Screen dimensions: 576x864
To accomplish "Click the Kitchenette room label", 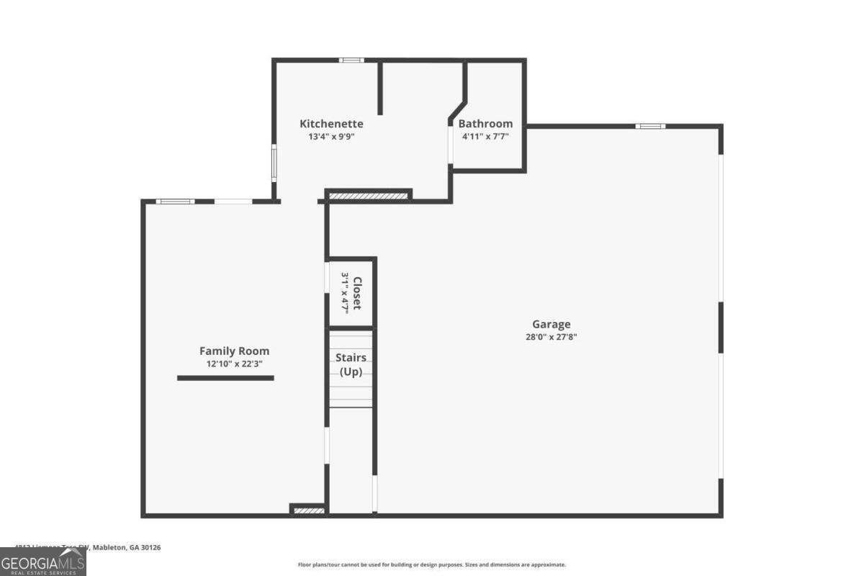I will (331, 124).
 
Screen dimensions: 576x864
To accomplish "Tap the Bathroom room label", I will (485, 124).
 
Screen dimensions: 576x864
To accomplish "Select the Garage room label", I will (552, 325).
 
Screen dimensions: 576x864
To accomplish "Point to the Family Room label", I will (234, 351).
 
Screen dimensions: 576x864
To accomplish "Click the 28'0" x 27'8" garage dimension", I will (552, 336).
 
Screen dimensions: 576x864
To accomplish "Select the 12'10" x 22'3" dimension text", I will (234, 364).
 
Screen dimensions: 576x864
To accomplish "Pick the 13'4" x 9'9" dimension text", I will (331, 136).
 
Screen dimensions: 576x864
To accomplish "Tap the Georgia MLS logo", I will (42, 562).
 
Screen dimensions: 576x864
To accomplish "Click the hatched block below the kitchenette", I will (368, 195).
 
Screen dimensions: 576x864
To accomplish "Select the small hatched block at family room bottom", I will (308, 510).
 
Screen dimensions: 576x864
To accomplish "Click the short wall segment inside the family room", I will (225, 377).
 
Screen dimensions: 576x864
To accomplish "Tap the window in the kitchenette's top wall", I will (351, 60).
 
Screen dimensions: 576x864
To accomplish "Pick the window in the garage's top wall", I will (650, 127).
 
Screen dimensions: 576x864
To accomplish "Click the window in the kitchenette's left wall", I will (274, 163).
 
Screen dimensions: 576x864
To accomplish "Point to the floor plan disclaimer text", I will (432, 564).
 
